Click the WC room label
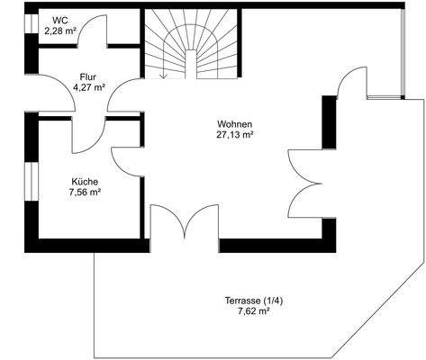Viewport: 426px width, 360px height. coord(60,20)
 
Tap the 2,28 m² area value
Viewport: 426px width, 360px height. coord(60,31)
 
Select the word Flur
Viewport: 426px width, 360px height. coord(87,76)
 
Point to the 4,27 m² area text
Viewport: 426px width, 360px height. coord(88,87)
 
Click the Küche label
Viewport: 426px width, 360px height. coord(83,181)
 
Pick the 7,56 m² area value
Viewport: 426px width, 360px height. coord(84,192)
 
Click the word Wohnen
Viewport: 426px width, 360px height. coord(234,123)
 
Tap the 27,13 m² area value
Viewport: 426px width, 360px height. coord(234,134)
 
